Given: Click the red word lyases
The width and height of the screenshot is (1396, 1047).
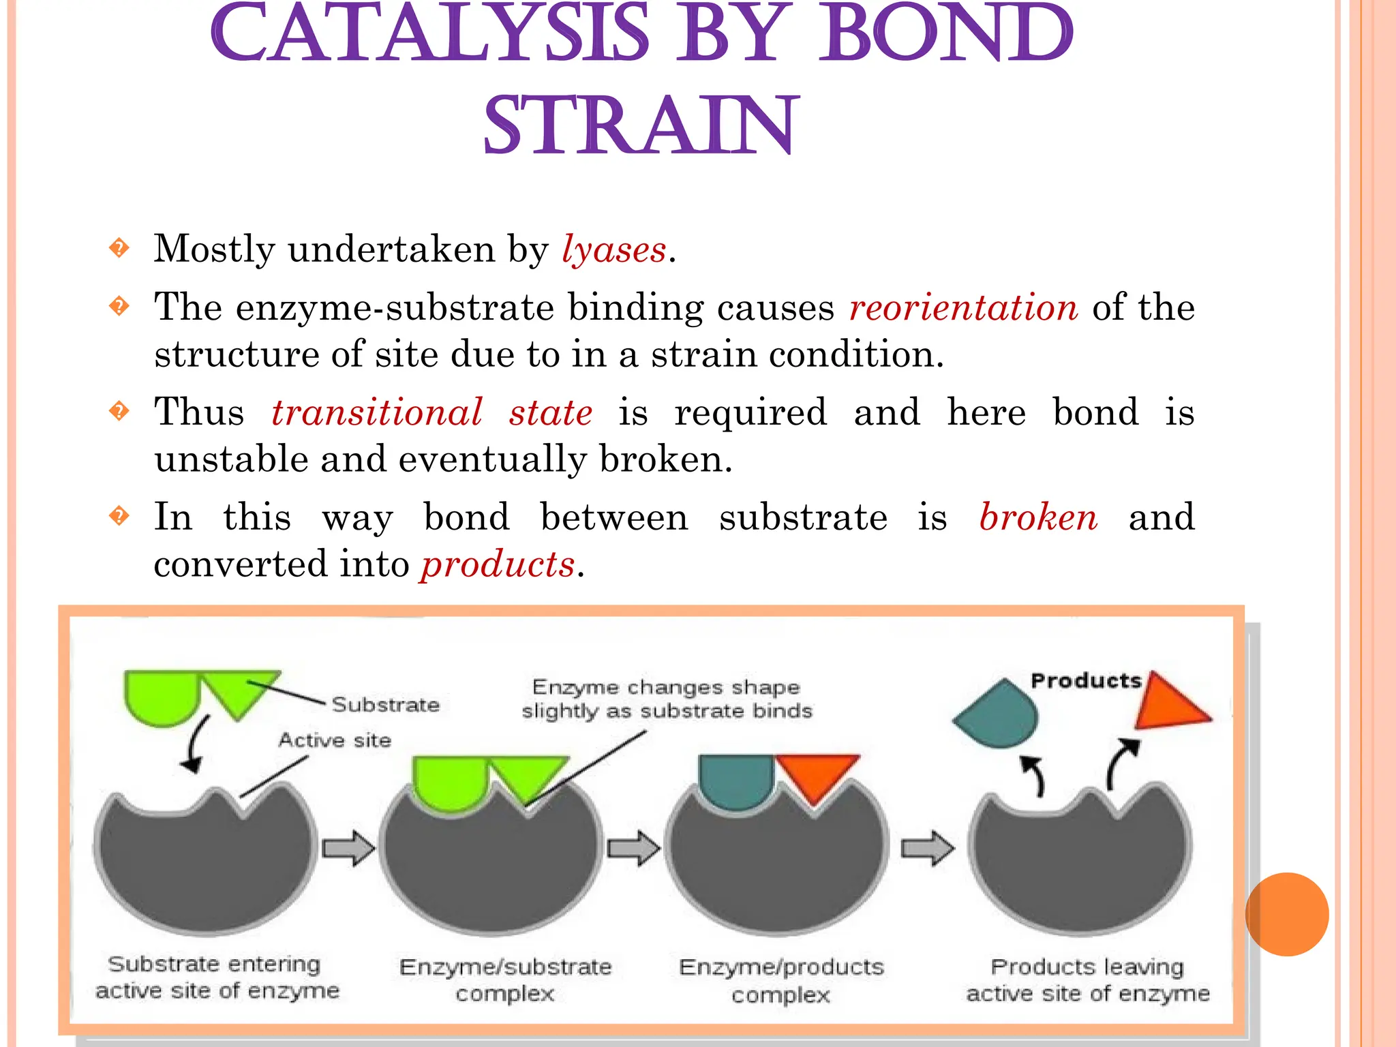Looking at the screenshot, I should (613, 249).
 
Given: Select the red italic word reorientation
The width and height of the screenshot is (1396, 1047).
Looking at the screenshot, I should (963, 307).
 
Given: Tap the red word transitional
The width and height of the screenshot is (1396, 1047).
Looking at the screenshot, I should (377, 412).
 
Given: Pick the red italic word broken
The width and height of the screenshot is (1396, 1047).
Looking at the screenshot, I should (1038, 517).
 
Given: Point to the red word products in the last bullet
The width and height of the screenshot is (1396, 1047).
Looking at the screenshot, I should (498, 564).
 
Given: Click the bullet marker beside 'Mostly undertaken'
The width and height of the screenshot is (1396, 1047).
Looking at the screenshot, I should (119, 248).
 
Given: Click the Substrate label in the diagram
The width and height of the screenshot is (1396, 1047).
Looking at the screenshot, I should (386, 705).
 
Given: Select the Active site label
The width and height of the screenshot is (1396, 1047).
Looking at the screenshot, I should (335, 740).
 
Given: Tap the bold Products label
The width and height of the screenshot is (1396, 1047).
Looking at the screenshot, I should (1085, 681).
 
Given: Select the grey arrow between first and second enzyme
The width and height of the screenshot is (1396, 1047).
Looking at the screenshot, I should (348, 849).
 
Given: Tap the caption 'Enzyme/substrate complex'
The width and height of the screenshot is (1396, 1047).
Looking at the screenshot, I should (505, 980).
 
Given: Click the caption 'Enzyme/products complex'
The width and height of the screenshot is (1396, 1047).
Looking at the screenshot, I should (781, 980).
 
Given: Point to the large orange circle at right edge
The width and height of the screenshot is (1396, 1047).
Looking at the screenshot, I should (1286, 914).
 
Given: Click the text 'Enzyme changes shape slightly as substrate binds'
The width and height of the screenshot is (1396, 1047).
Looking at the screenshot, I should (667, 699).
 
